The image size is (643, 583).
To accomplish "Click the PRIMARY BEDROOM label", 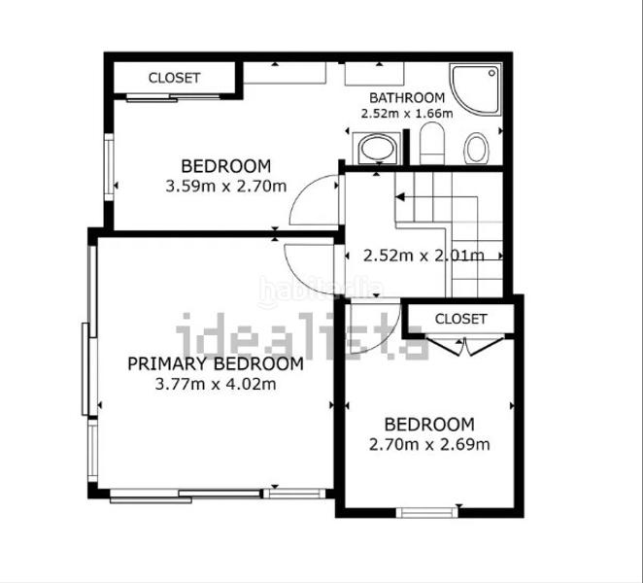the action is tap(216, 364).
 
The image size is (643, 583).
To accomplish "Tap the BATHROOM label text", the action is tap(407, 98).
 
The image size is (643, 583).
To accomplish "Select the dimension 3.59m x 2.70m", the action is tap(226, 187).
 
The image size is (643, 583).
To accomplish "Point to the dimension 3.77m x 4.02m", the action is tap(216, 385).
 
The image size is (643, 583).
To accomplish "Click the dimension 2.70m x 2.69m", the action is tap(429, 444).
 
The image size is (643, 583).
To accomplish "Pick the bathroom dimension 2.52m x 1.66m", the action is tap(407, 114).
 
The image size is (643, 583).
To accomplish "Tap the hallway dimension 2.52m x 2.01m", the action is tap(423, 256).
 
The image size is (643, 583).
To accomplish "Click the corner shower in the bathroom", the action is tap(476, 88).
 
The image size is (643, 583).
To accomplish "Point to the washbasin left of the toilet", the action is tap(377, 148).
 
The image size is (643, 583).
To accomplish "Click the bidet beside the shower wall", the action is tap(477, 148).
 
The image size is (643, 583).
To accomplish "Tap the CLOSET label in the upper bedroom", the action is tap(174, 78).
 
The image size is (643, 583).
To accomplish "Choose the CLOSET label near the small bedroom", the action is tap(461, 319).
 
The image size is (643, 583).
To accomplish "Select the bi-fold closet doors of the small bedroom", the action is tap(465, 346).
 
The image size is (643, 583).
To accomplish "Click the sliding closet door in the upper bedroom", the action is tap(173, 97).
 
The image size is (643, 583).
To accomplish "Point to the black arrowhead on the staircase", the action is tap(400, 197).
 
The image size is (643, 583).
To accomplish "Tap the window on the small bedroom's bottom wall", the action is tap(426, 512).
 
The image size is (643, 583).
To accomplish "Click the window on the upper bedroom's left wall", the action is tap(109, 167).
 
